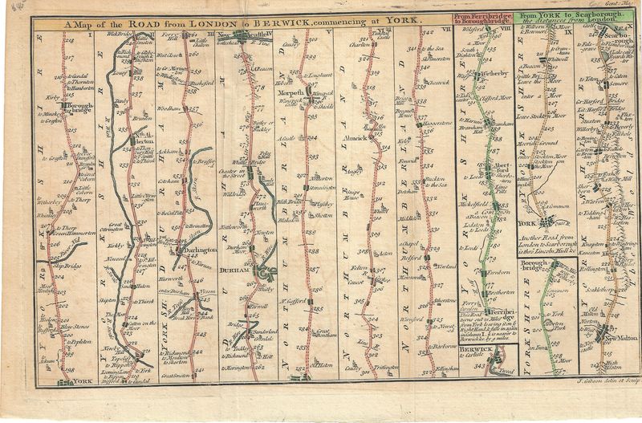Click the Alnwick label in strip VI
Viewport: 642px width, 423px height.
click(356, 138)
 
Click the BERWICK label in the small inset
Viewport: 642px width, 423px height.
click(473, 352)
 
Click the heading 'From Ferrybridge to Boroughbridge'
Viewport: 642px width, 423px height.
click(482, 19)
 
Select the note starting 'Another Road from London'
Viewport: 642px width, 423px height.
click(551, 244)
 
